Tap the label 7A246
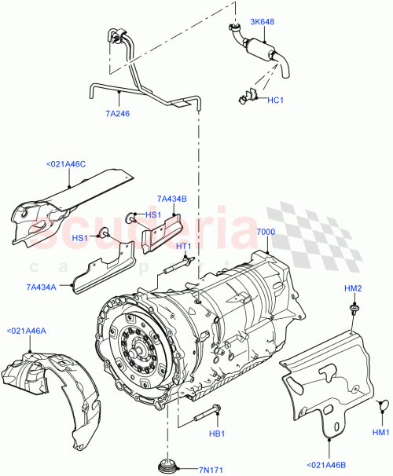(117, 112)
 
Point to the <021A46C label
(67, 165)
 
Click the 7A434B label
(171, 200)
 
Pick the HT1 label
(184, 247)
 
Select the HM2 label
(353, 289)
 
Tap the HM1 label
(380, 433)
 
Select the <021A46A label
(27, 331)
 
